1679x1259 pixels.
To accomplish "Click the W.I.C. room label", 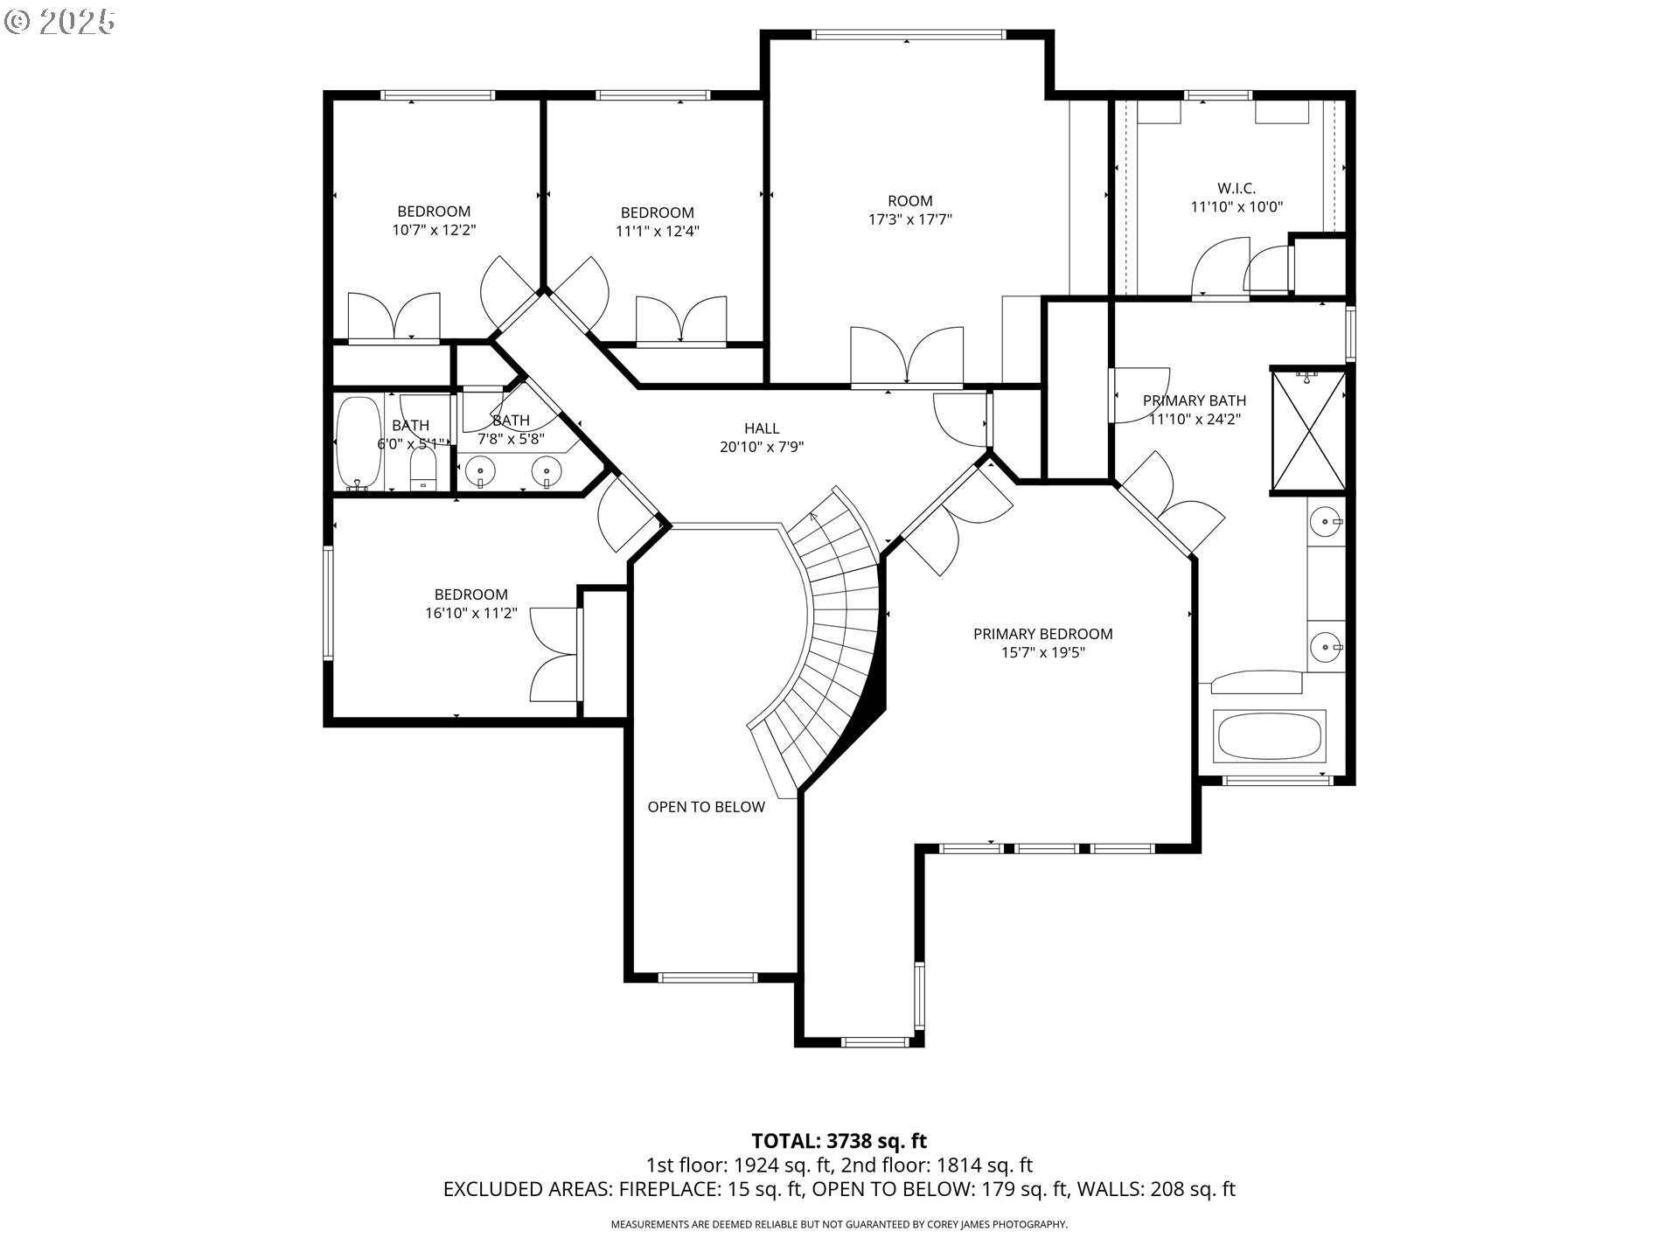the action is [1237, 188].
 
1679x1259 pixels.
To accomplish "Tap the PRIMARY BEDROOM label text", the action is [1043, 634].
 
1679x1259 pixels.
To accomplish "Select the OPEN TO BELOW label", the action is [706, 807].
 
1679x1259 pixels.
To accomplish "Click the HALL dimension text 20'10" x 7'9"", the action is [762, 447].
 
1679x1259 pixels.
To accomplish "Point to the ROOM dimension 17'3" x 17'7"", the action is [909, 219].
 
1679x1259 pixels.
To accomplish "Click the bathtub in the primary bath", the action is [1270, 735].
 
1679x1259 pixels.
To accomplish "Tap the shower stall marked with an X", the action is [1309, 429].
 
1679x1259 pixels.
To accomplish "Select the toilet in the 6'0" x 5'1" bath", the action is [423, 470].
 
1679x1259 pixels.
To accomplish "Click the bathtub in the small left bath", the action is [359, 443].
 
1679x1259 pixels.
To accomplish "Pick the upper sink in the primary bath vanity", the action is [1327, 523].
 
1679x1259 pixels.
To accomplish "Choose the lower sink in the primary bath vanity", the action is [1327, 647].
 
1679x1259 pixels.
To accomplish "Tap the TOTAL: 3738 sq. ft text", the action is [839, 1141].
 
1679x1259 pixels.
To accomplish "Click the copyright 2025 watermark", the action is [59, 22].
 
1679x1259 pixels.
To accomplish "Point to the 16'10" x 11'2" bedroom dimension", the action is [471, 613].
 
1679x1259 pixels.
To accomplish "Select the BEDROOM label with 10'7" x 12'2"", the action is [434, 211].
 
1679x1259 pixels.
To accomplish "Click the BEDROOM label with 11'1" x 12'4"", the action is [657, 212].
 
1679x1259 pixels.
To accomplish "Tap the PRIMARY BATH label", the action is [1195, 400].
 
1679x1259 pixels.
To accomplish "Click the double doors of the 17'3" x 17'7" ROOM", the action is [907, 356].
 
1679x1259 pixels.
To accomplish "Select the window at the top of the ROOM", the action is [909, 35].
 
